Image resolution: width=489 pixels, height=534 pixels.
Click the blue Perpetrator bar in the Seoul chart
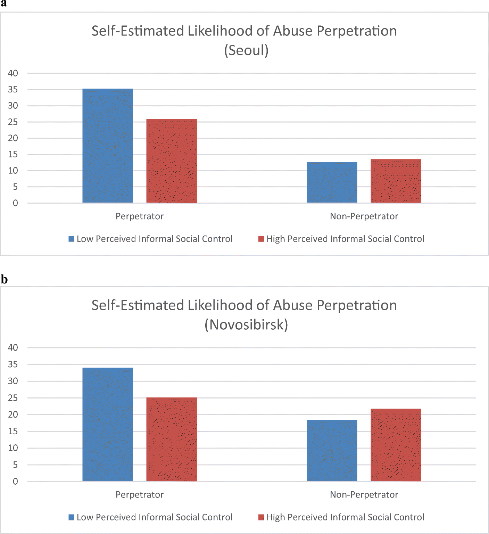tap(108, 146)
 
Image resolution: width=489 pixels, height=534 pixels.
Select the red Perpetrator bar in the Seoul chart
tap(172, 161)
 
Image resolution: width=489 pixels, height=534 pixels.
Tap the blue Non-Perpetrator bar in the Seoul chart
tap(332, 182)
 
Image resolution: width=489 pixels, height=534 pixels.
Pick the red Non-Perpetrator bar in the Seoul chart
tap(396, 181)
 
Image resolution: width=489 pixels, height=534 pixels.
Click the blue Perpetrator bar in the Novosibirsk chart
tap(108, 424)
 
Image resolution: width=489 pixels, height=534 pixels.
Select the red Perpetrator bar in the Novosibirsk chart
tap(172, 439)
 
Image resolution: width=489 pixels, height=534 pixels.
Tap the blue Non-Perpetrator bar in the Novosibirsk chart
tap(332, 451)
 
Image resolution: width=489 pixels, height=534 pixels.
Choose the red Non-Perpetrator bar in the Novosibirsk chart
tap(396, 445)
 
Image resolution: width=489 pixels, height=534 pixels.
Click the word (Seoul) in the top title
tap(246, 50)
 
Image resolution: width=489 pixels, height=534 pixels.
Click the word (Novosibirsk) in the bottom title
tap(246, 325)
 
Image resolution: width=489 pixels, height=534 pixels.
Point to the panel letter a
tap(4, 4)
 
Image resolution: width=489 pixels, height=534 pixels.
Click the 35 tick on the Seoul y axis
tap(13, 90)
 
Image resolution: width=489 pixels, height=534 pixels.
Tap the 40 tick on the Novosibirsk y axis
tap(13, 347)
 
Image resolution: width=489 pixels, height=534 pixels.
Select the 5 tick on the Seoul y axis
tap(15, 187)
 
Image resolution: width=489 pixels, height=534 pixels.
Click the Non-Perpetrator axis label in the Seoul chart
tap(364, 216)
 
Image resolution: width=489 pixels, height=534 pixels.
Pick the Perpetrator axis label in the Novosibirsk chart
tap(139, 494)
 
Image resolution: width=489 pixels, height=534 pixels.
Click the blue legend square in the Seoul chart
tap(72, 239)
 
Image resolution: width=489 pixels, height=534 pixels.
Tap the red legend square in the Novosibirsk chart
tap(261, 517)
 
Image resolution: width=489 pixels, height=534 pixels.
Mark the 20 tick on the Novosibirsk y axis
tap(13, 414)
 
